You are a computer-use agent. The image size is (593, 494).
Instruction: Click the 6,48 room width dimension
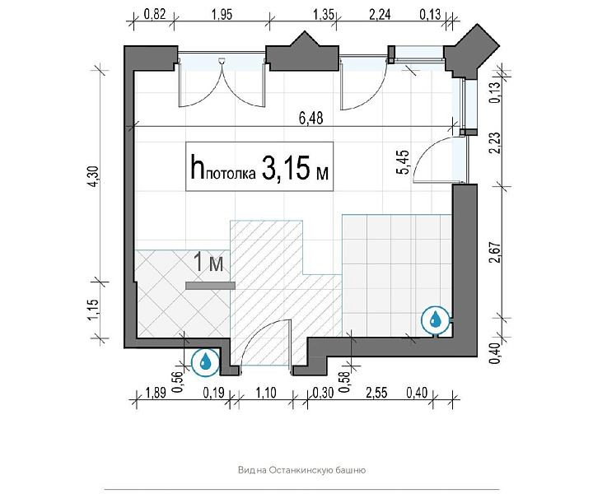[311, 119]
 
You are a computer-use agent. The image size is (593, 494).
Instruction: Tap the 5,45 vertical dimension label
[403, 162]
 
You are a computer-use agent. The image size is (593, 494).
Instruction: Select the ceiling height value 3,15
[286, 167]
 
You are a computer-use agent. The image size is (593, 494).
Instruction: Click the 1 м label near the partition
[208, 263]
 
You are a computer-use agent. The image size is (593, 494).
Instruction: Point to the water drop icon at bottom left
[205, 362]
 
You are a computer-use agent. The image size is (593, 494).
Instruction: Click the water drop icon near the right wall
[436, 319]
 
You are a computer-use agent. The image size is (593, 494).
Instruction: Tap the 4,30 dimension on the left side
[95, 176]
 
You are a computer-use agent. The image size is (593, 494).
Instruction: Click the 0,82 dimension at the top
[155, 14]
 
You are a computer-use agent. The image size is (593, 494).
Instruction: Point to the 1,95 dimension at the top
[222, 14]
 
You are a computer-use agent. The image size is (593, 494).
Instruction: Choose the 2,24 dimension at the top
[380, 14]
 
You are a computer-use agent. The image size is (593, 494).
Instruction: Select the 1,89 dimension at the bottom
[156, 393]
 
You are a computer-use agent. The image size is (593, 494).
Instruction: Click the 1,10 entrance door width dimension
[266, 393]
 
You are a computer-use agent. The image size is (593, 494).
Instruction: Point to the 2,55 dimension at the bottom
[376, 393]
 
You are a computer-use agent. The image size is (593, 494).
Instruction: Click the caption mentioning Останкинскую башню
[301, 471]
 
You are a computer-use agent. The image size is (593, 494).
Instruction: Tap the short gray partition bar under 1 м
[210, 286]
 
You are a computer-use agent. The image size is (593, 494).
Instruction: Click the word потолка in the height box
[231, 175]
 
